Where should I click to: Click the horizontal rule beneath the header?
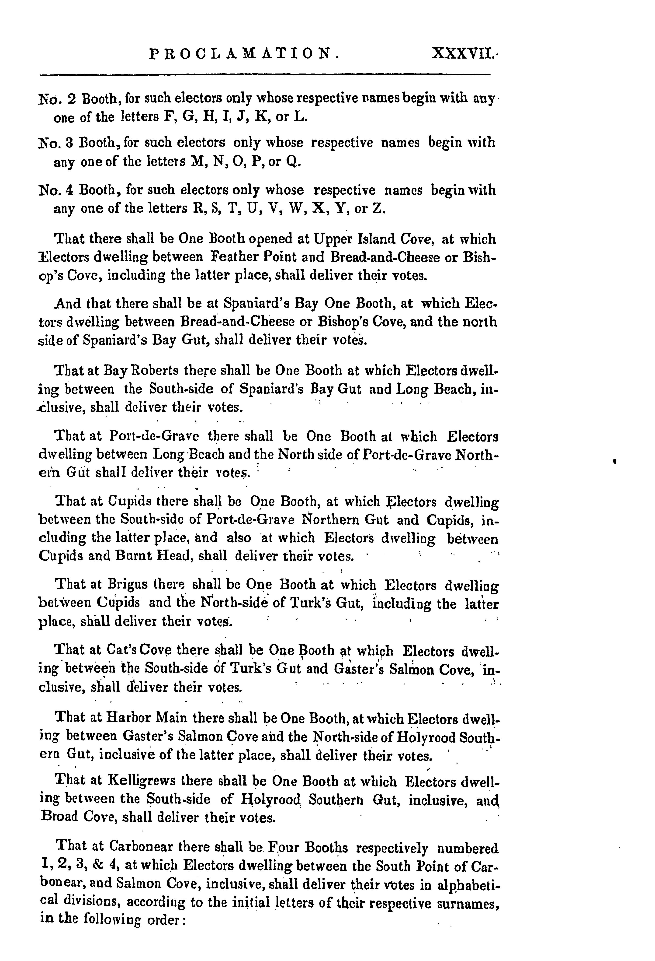(x=264, y=75)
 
